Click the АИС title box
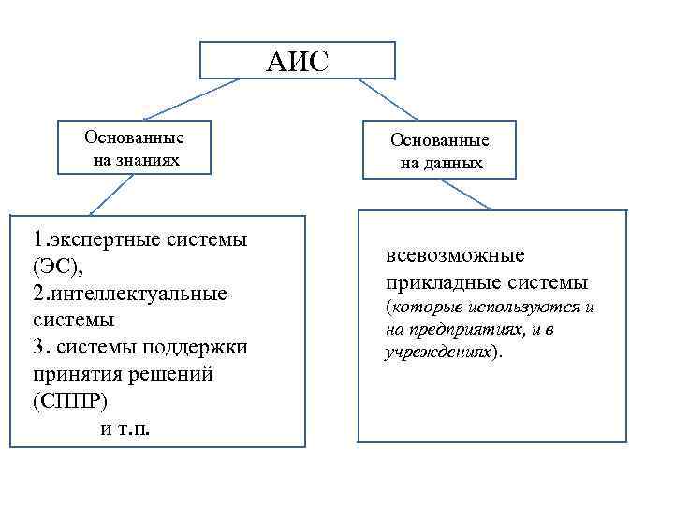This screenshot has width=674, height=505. click(297, 61)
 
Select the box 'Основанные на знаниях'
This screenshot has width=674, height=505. click(134, 149)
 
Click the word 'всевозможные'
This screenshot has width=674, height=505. click(455, 255)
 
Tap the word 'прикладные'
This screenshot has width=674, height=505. click(443, 281)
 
